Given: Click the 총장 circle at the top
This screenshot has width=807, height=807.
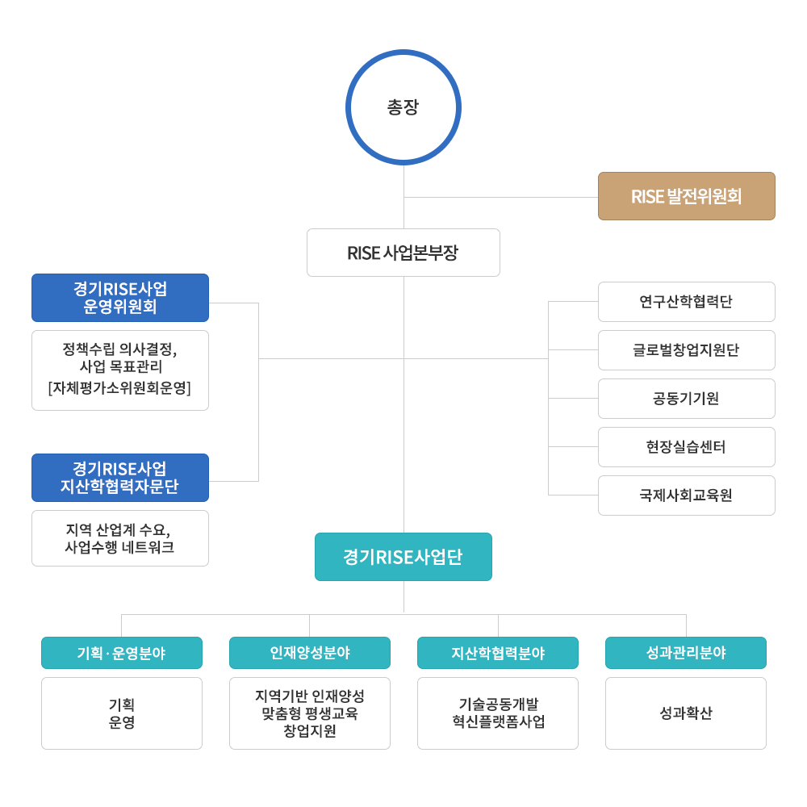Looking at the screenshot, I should point(403,108).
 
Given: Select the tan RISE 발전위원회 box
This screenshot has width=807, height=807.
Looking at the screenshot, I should point(686,196).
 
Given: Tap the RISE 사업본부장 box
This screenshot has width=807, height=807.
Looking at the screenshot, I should point(403,253).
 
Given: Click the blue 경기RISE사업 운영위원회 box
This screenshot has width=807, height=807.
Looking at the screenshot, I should point(120,298).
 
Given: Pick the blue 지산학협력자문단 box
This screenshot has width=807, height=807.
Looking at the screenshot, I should point(120,478).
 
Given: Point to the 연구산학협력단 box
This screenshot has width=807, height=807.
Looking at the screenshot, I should point(686,302).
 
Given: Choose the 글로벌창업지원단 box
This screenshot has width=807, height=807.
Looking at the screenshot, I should point(686,350).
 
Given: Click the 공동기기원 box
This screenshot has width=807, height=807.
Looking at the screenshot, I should point(686,399).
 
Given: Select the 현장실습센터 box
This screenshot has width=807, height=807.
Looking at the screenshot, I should point(686,447).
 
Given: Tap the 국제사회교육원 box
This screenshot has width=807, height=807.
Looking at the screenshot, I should point(686,495).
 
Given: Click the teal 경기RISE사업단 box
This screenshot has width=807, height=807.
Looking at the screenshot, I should point(403,557).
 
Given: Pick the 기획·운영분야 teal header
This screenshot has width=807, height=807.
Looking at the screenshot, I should point(122,653).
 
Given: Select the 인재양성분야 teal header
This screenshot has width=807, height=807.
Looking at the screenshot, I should point(310,653).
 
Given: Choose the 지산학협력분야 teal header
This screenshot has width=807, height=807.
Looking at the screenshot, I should point(498,653).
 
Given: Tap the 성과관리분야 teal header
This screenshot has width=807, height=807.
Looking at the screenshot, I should point(686,653).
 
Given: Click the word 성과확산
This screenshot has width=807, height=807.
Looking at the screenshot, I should point(686,713).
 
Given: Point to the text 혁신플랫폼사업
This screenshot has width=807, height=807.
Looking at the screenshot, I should point(498,722).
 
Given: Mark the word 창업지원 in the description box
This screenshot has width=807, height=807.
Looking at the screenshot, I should point(310,731).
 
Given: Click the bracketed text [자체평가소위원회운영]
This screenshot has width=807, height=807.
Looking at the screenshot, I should point(120,388).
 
